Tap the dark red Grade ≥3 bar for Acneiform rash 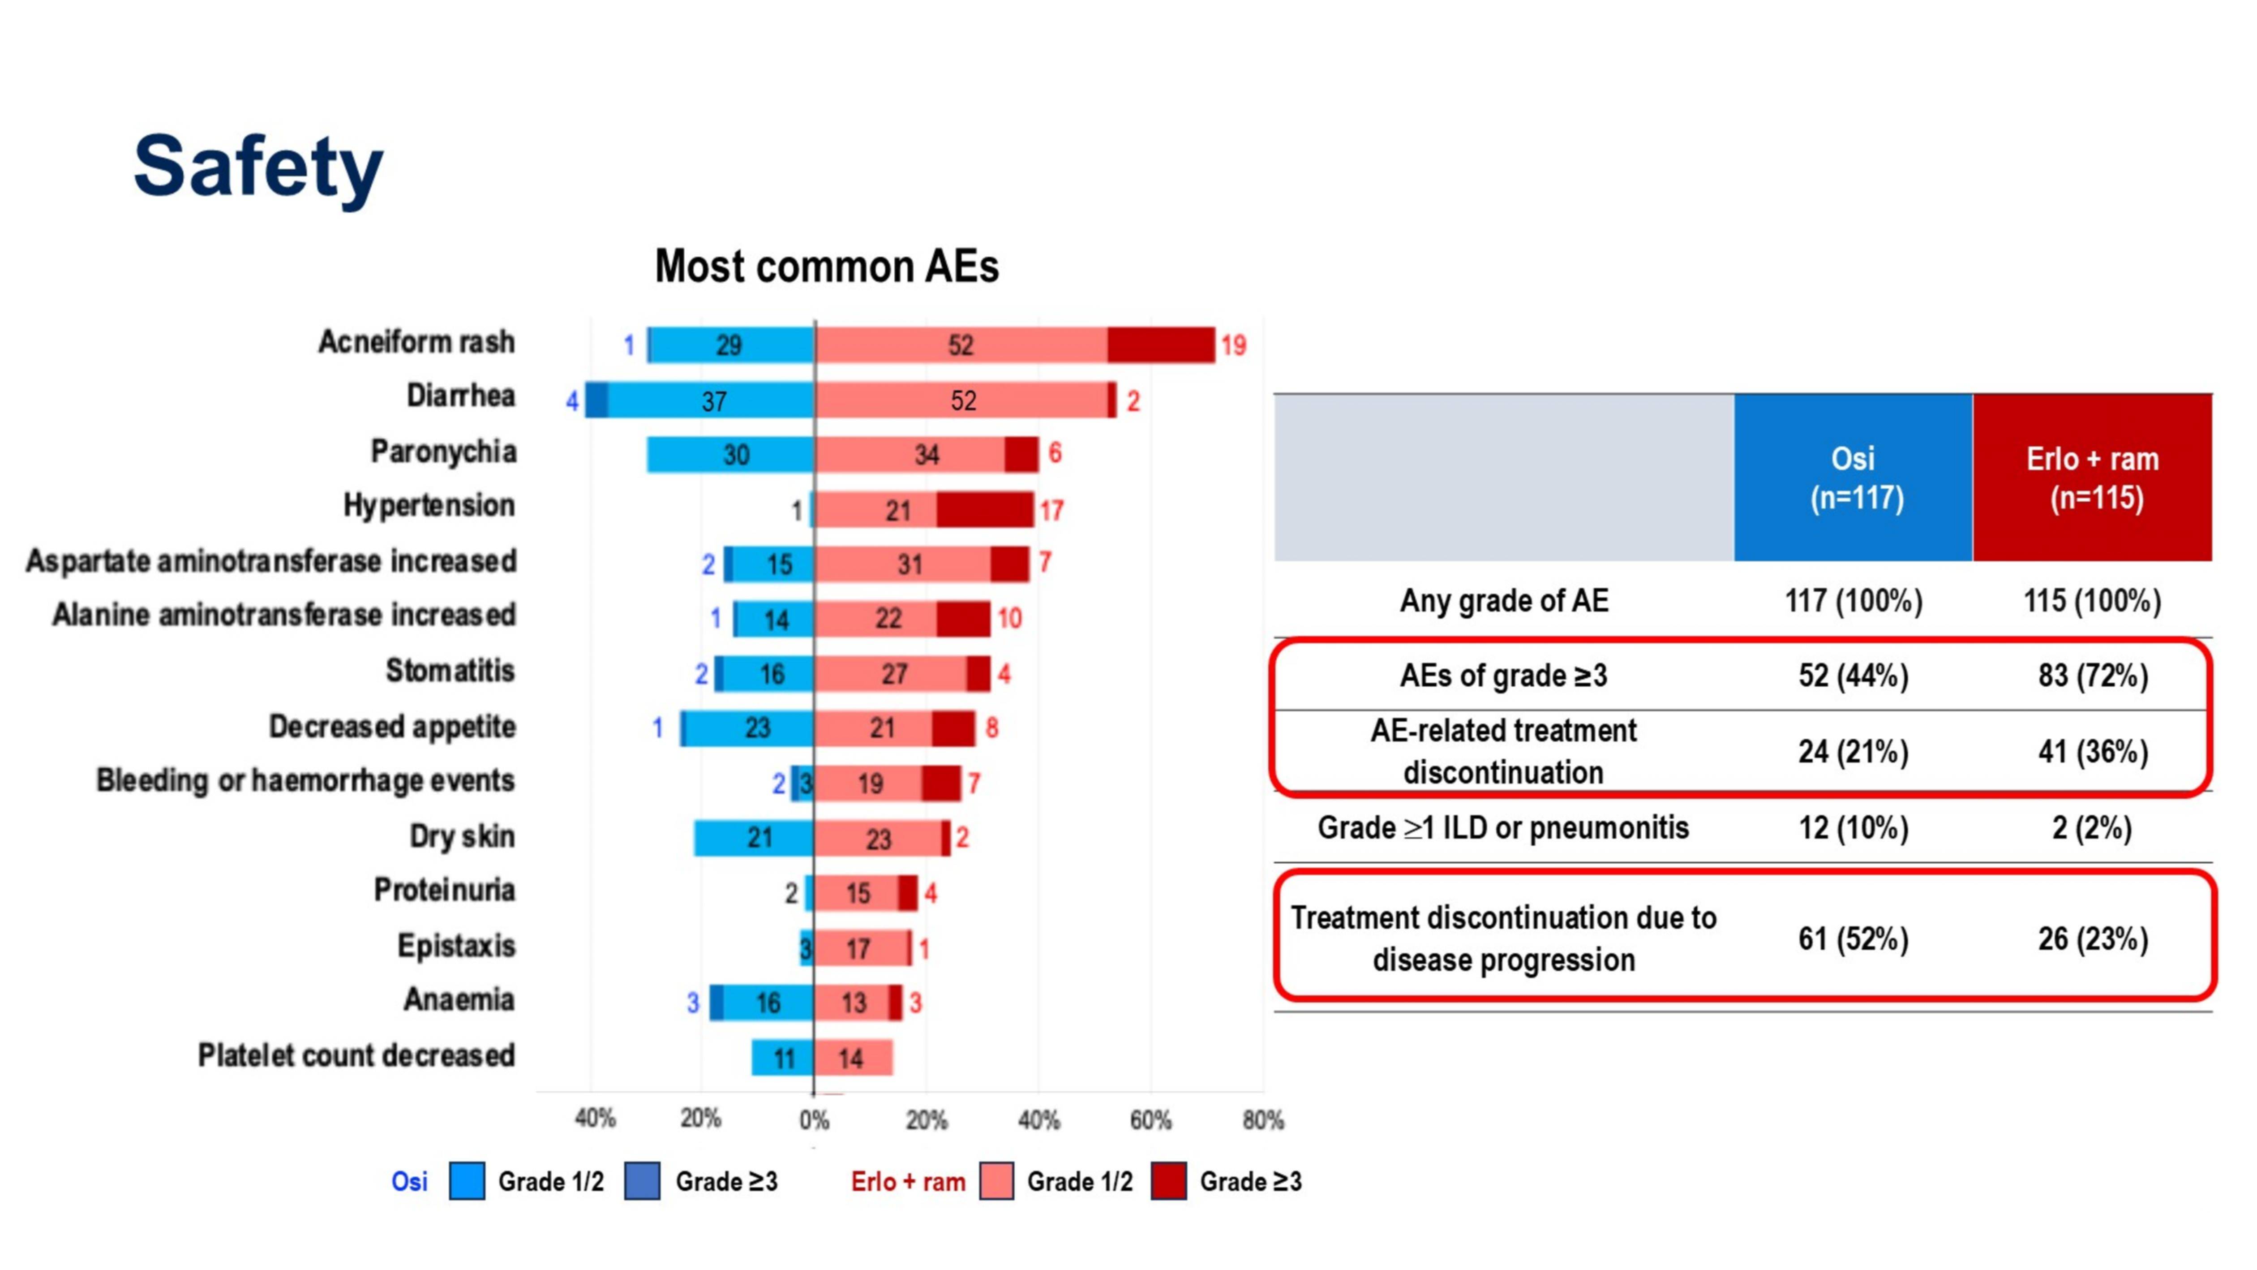pos(1161,344)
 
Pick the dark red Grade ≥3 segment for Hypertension pos(985,509)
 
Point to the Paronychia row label pos(443,452)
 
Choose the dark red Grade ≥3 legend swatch pos(1169,1180)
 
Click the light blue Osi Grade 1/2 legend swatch pos(467,1180)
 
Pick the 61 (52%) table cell pos(1853,939)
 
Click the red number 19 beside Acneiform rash pos(1234,345)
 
